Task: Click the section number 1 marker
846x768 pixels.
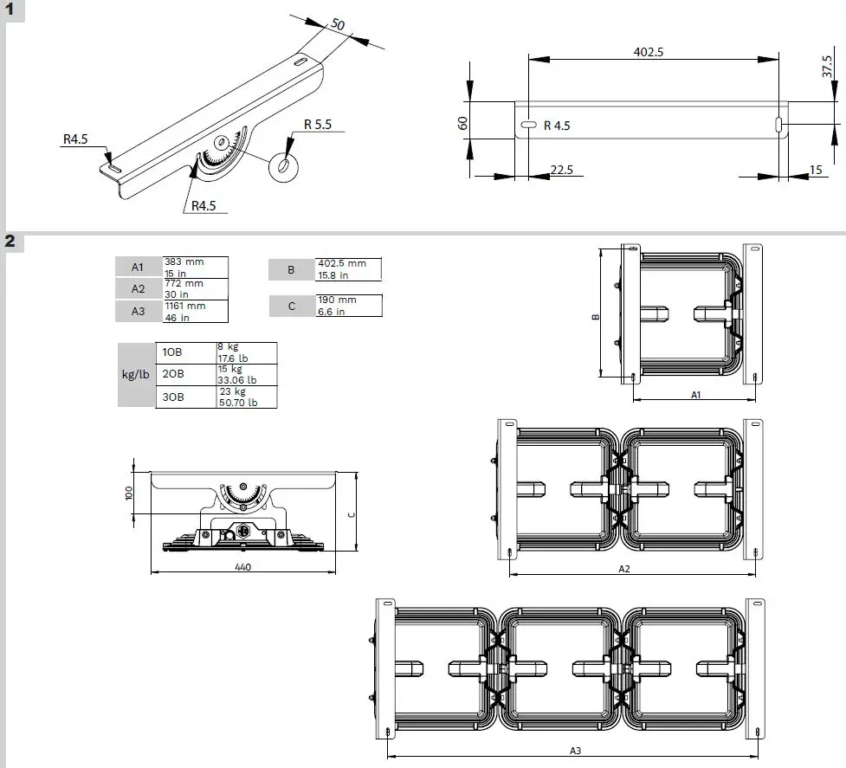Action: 10,10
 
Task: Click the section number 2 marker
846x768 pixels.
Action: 10,241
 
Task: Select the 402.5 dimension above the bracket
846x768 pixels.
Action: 648,52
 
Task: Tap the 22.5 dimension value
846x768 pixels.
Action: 561,170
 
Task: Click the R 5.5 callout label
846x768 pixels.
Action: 317,124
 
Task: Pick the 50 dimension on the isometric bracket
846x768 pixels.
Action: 338,25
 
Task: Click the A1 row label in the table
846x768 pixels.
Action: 139,266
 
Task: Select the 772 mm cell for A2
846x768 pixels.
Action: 196,287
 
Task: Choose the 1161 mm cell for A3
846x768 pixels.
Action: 196,310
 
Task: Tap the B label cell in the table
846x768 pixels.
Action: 291,269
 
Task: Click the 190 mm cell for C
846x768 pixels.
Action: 348,305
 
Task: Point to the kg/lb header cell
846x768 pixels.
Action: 136,375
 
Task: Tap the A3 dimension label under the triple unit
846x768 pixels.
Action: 574,750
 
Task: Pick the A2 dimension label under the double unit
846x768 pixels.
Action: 623,569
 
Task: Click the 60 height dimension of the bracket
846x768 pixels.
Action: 463,123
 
